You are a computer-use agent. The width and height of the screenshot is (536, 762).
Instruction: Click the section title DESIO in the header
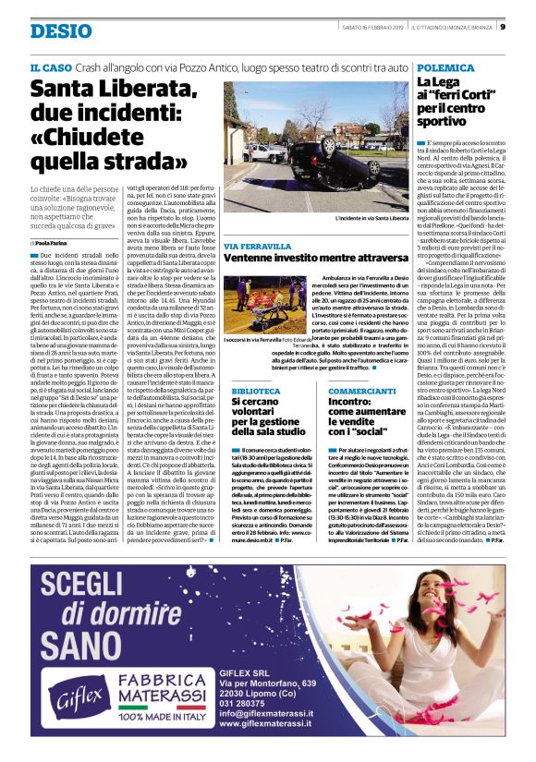61,31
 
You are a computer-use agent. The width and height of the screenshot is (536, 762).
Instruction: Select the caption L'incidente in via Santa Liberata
368,218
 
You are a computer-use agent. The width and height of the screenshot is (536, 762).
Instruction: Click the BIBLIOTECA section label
252,392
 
